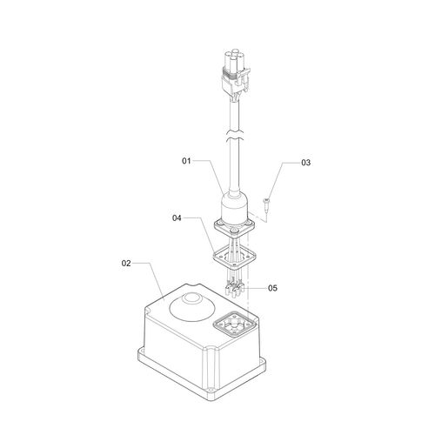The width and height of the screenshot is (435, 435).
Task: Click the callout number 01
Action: tap(186, 161)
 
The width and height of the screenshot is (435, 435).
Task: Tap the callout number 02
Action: tap(126, 264)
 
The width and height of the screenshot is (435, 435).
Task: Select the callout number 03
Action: tap(305, 163)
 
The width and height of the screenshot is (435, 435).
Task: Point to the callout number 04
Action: tap(177, 217)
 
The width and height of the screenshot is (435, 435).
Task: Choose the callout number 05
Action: tap(272, 288)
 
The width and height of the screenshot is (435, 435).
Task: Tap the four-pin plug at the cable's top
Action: tap(235, 74)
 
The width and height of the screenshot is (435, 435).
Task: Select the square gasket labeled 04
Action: tap(235, 257)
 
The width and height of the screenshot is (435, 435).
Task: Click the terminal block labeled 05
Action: tap(235, 289)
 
